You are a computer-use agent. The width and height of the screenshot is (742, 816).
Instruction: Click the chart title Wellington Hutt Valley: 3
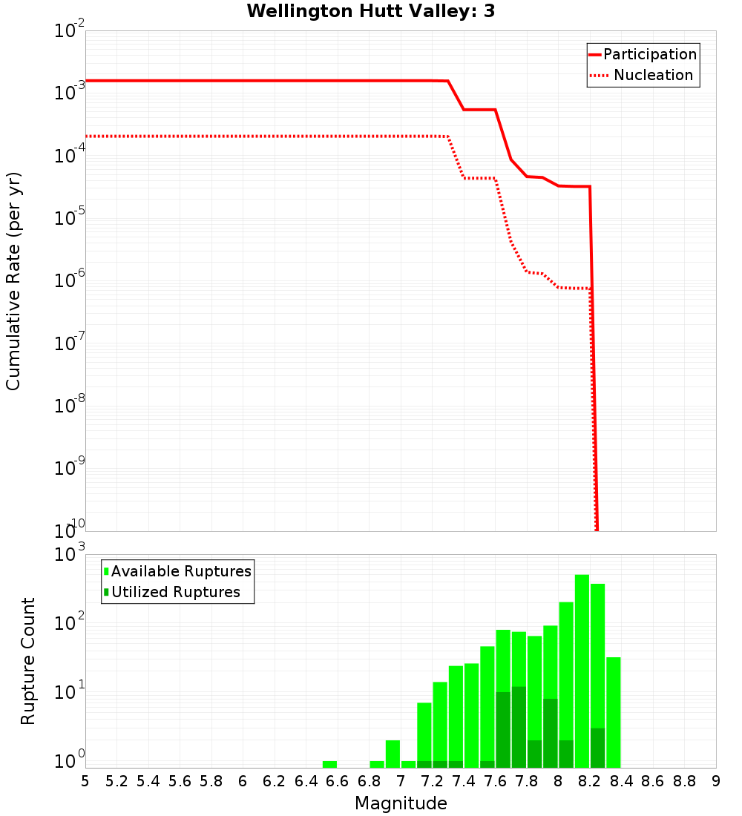tap(370, 11)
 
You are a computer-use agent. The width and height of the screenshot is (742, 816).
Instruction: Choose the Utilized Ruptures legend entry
tap(175, 592)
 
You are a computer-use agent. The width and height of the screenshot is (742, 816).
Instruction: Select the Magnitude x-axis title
tap(401, 803)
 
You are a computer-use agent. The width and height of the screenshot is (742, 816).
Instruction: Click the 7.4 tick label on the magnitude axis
tap(464, 780)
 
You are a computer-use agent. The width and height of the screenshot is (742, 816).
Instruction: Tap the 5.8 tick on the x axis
tap(211, 780)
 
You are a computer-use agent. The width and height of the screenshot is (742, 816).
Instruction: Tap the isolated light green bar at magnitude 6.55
tap(329, 764)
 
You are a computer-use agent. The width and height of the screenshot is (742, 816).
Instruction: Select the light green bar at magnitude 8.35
tap(614, 712)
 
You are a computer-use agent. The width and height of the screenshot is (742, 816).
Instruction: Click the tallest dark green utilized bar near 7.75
tap(519, 727)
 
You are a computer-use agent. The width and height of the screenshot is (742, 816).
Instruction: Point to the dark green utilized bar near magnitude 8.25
tap(597, 748)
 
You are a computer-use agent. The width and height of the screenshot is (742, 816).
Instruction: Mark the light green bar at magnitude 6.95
tap(393, 754)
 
